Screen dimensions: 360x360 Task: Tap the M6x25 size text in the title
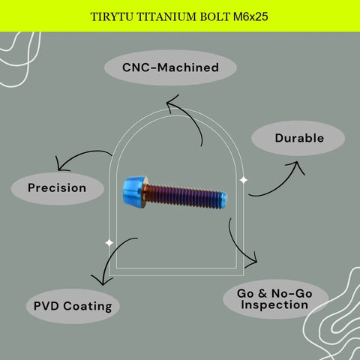pos(250,16)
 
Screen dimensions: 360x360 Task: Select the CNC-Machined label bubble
pos(170,67)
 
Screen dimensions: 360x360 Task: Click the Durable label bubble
pos(298,138)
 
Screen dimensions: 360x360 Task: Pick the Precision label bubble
pos(58,188)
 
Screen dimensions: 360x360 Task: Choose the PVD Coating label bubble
pos(73,306)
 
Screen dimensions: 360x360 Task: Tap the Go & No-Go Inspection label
pos(275,299)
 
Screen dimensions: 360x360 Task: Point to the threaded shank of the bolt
pos(182,196)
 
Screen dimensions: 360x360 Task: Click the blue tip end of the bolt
pos(223,199)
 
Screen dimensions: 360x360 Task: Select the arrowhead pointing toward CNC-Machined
pos(172,103)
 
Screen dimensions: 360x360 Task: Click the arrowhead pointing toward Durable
pos(296,166)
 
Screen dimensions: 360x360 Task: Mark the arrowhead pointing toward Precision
pos(61,165)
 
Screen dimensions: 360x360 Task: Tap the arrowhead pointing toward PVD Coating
pos(102,280)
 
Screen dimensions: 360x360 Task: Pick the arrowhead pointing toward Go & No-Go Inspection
pos(253,260)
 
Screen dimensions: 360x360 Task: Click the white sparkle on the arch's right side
pos(244,180)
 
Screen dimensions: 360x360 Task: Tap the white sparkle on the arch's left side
pos(109,243)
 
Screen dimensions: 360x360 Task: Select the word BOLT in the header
pos(214,17)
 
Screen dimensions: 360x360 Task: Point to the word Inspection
pos(274,305)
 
